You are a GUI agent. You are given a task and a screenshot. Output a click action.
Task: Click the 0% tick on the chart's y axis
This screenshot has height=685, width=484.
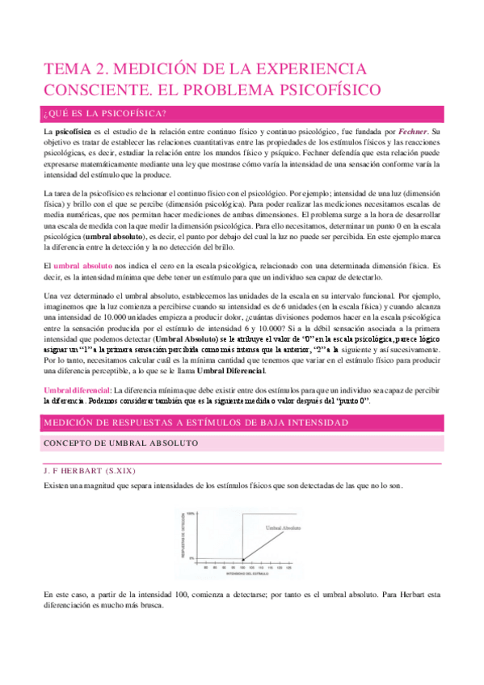[x=192, y=556]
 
